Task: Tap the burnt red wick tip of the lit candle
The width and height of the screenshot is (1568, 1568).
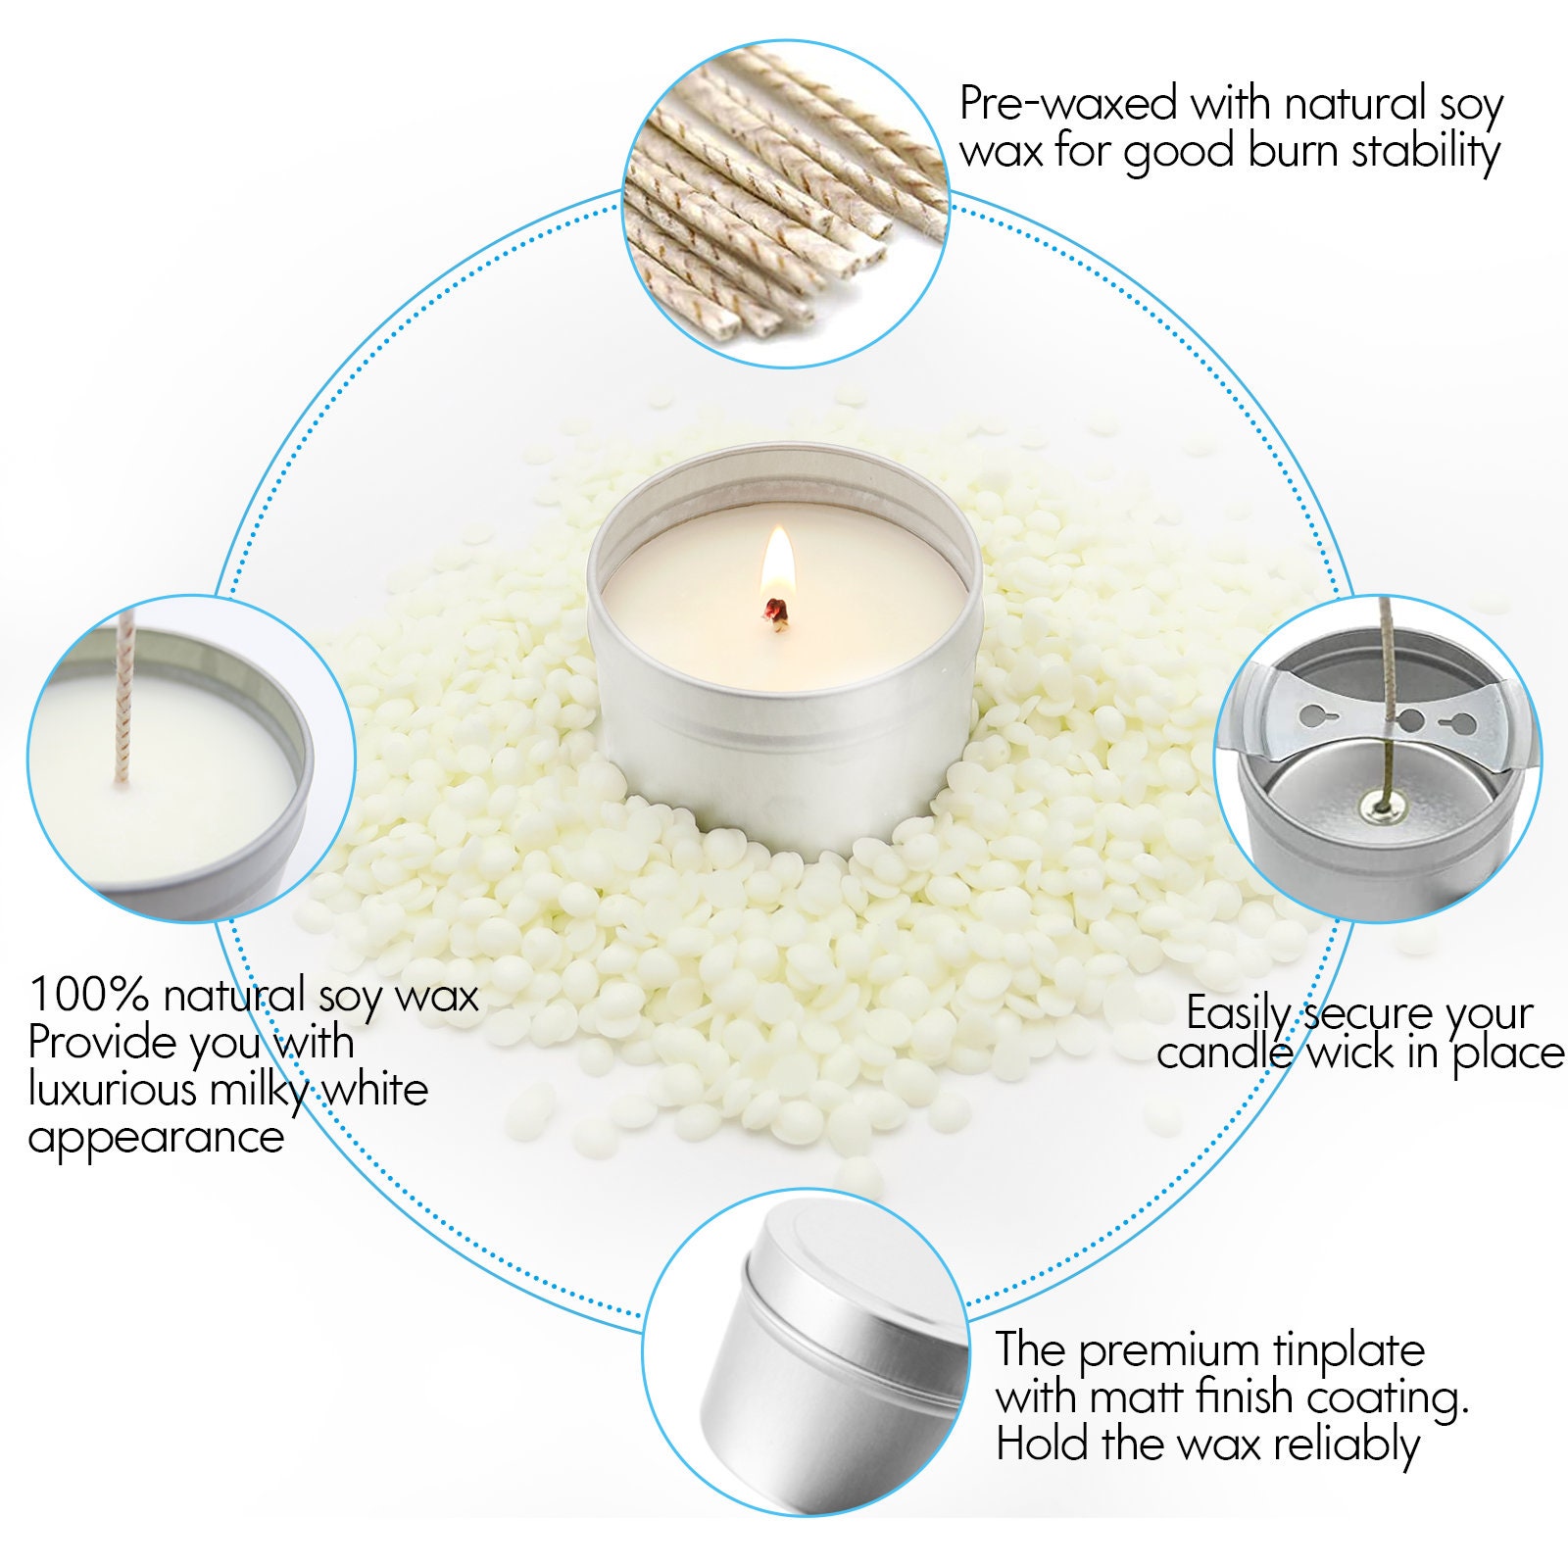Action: click(777, 610)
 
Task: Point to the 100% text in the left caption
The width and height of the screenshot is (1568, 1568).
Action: click(88, 995)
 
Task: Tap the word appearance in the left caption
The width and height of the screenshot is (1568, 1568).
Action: click(156, 1137)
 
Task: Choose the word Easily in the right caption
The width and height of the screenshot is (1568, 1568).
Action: click(1239, 1012)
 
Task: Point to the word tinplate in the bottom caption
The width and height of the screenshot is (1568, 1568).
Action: click(1348, 1350)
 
